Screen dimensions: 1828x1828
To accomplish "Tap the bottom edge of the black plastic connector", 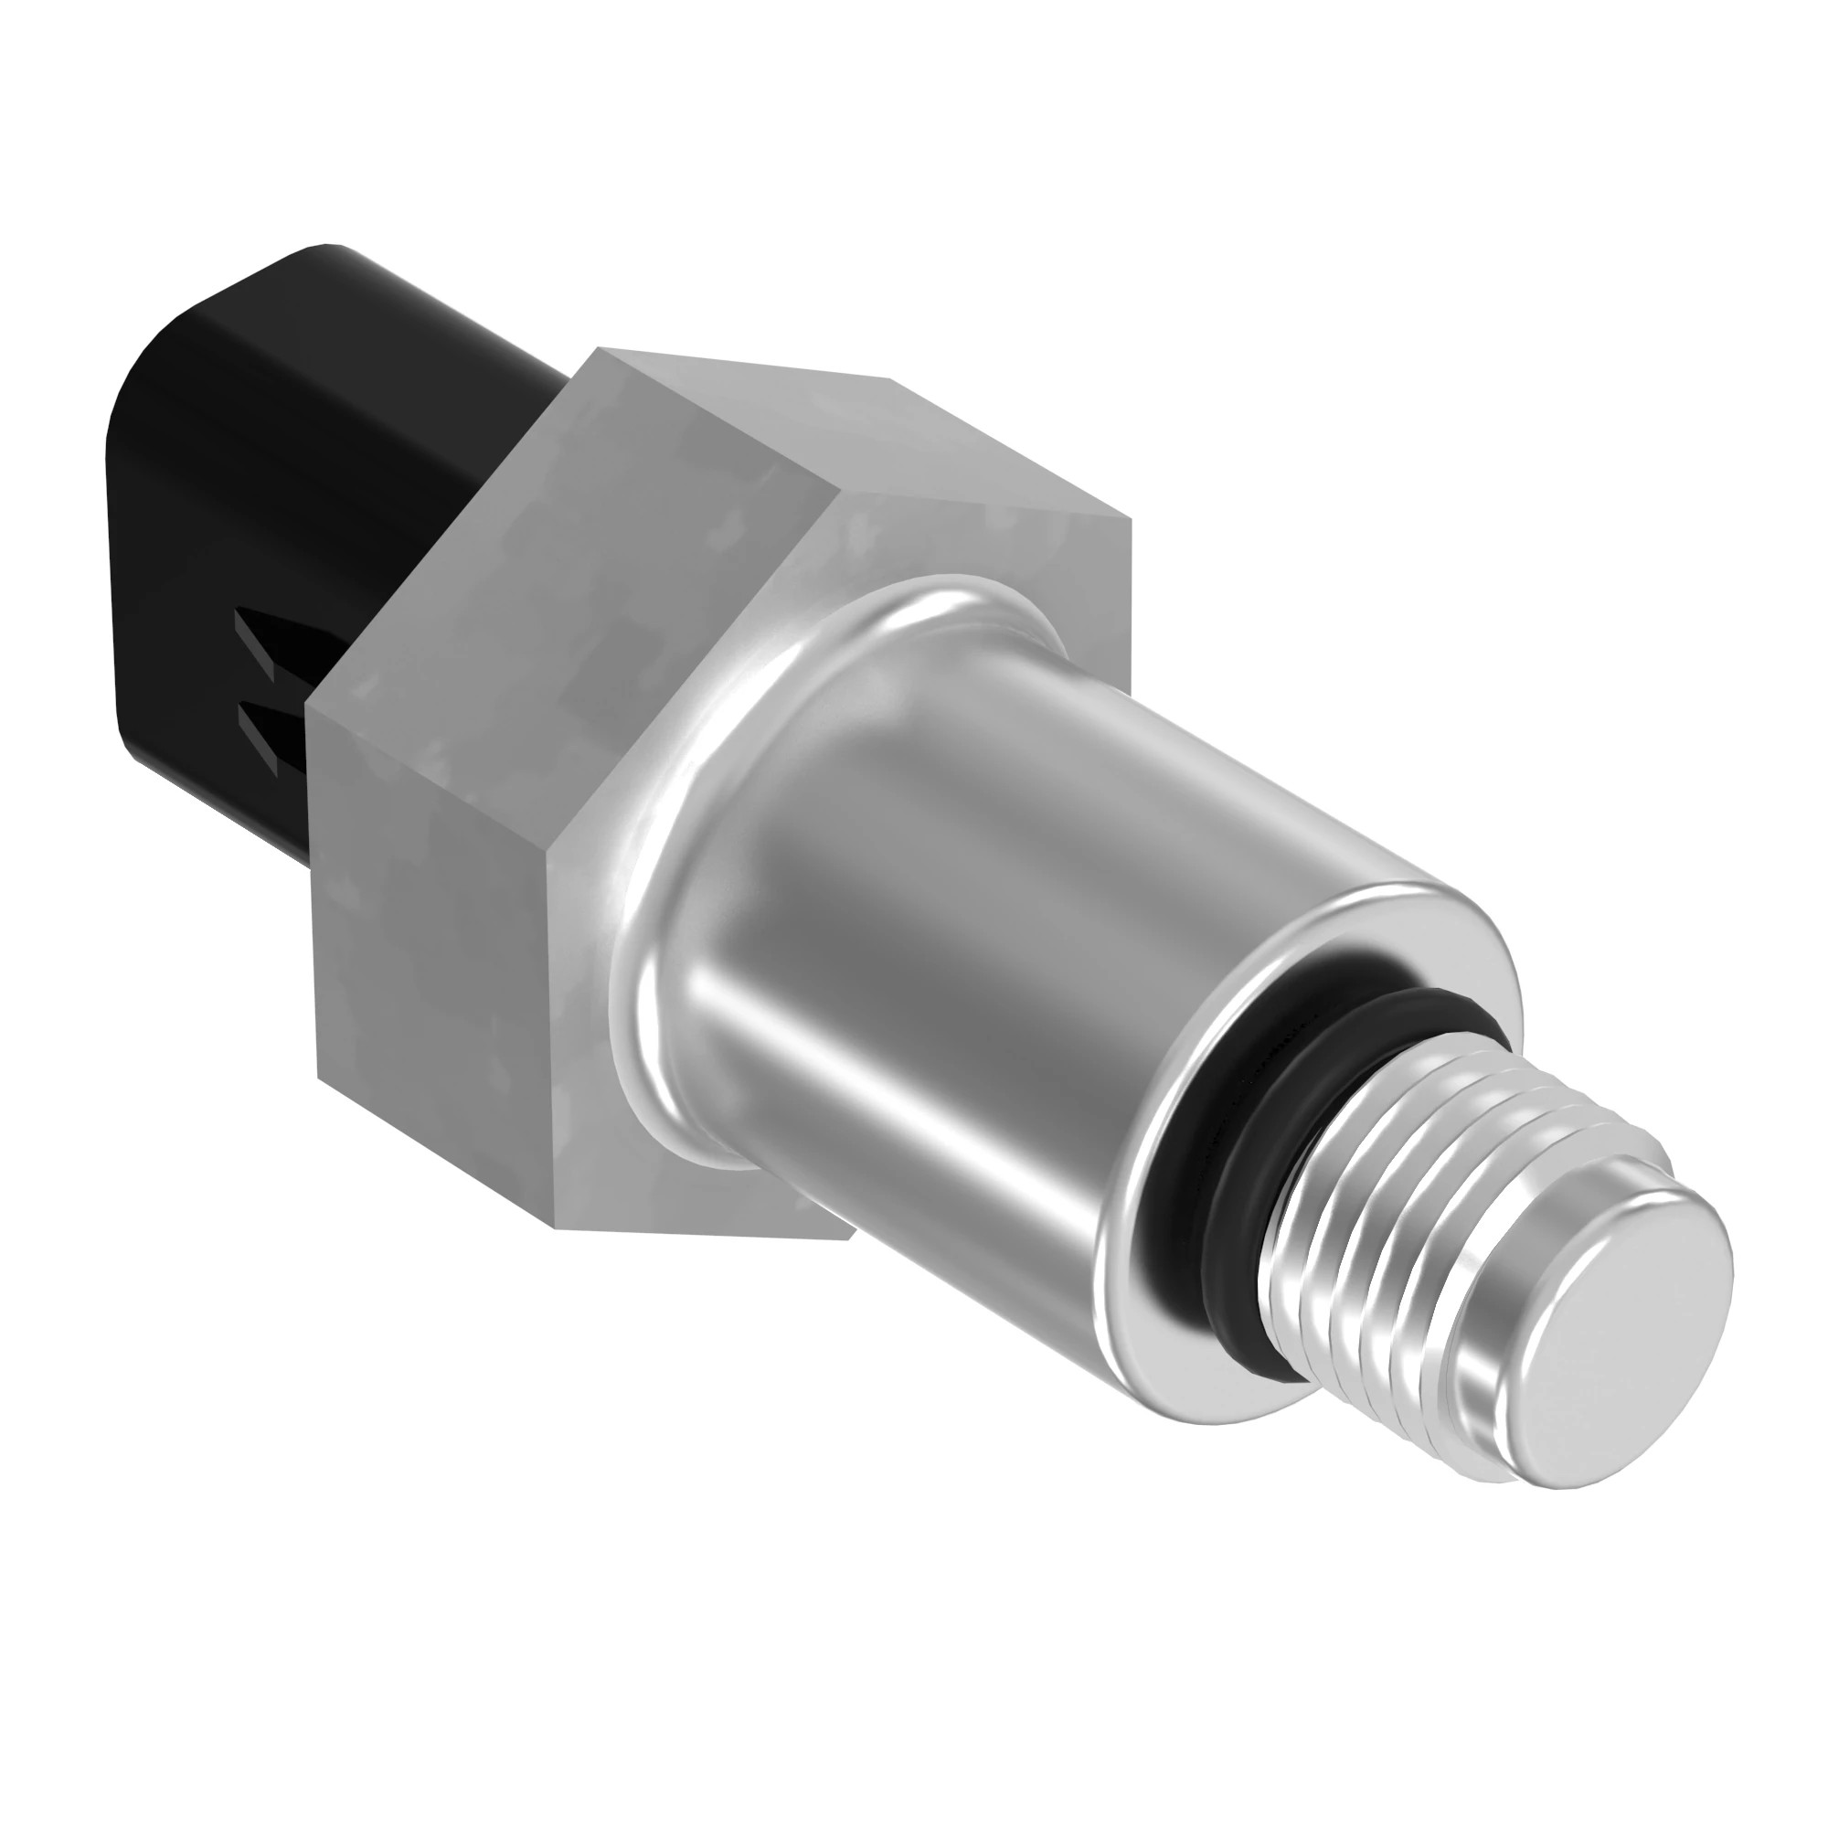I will [x=218, y=824].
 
